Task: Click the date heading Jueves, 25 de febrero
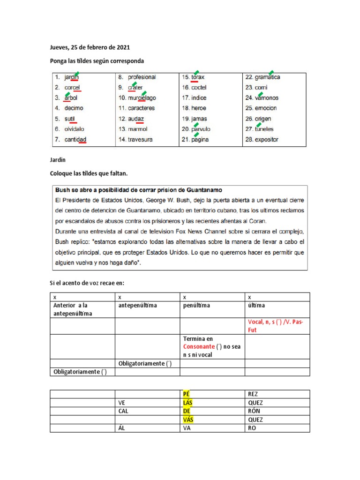coord(90,47)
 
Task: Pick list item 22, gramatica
coord(267,77)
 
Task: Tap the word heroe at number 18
coord(199,108)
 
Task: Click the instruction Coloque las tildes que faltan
coord(89,174)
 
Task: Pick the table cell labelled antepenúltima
coord(136,306)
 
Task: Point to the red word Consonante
coord(200,346)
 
